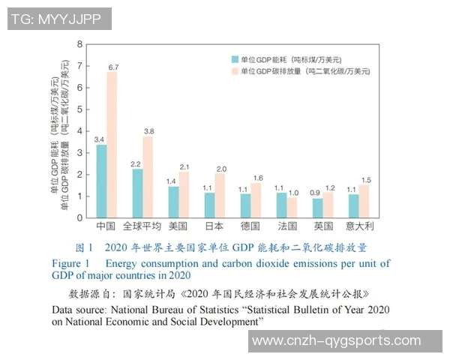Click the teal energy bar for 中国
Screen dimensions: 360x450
(101, 181)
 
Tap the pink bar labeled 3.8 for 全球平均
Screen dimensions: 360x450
(148, 176)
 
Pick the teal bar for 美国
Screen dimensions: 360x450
(173, 202)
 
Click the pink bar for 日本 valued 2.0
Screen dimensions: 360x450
(220, 195)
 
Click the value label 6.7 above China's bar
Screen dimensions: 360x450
(113, 67)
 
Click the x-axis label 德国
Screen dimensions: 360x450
(250, 226)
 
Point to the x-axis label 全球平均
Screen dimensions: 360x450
(142, 226)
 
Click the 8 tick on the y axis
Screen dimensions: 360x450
(80, 45)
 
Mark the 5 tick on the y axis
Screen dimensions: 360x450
(80, 109)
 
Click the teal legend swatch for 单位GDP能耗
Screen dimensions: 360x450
(235, 58)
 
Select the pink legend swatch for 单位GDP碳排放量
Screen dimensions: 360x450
(235, 71)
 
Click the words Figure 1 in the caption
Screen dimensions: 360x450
(70, 263)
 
